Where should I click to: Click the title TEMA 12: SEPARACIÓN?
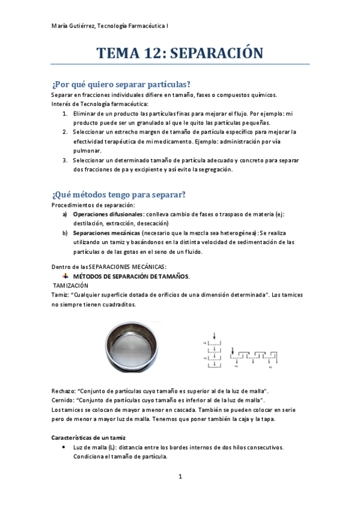(x=180, y=54)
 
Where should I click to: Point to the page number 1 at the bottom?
(x=180, y=478)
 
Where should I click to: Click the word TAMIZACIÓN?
(x=71, y=285)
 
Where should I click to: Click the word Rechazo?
(x=64, y=391)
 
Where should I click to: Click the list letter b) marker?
(x=65, y=232)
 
